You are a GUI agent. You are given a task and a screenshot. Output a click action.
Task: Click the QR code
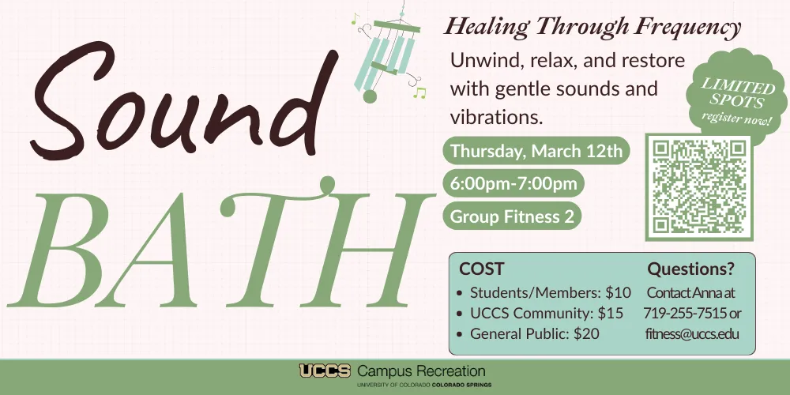point(699,187)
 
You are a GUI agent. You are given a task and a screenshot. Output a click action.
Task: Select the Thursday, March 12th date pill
point(536,151)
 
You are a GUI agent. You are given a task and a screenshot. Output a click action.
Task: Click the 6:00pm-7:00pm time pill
point(513,183)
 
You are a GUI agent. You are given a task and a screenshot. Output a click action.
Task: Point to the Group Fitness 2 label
point(512,216)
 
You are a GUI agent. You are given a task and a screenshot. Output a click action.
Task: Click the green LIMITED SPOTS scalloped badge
point(736,96)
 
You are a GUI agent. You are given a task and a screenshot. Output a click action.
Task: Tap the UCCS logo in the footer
point(325,371)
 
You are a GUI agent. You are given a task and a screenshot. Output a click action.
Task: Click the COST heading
point(481,269)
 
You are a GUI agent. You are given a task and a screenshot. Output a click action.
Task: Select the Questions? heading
point(690,269)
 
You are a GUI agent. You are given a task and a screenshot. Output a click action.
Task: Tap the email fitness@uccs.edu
point(692,333)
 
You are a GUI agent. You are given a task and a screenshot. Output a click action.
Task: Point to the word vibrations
point(496,117)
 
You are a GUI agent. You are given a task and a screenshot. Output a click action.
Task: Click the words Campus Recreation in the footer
point(421,372)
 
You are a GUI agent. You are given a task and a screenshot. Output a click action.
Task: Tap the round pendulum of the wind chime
point(370,96)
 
